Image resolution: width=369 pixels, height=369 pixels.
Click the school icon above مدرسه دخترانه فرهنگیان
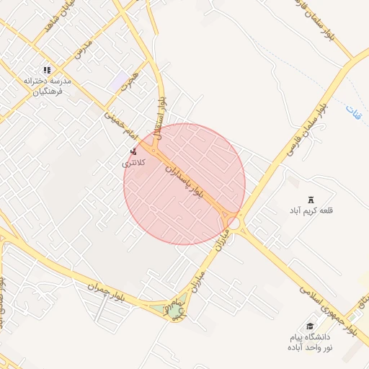tap(47, 70)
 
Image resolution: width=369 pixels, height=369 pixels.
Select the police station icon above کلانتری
tap(133, 151)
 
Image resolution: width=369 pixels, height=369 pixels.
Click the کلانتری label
tap(134, 163)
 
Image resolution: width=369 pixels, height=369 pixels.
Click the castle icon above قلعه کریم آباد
tap(311, 199)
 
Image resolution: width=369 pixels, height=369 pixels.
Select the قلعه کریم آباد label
tap(313, 210)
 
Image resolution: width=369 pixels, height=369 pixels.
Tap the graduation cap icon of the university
tap(311, 326)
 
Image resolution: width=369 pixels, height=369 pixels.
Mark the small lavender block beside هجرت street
tap(117, 81)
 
